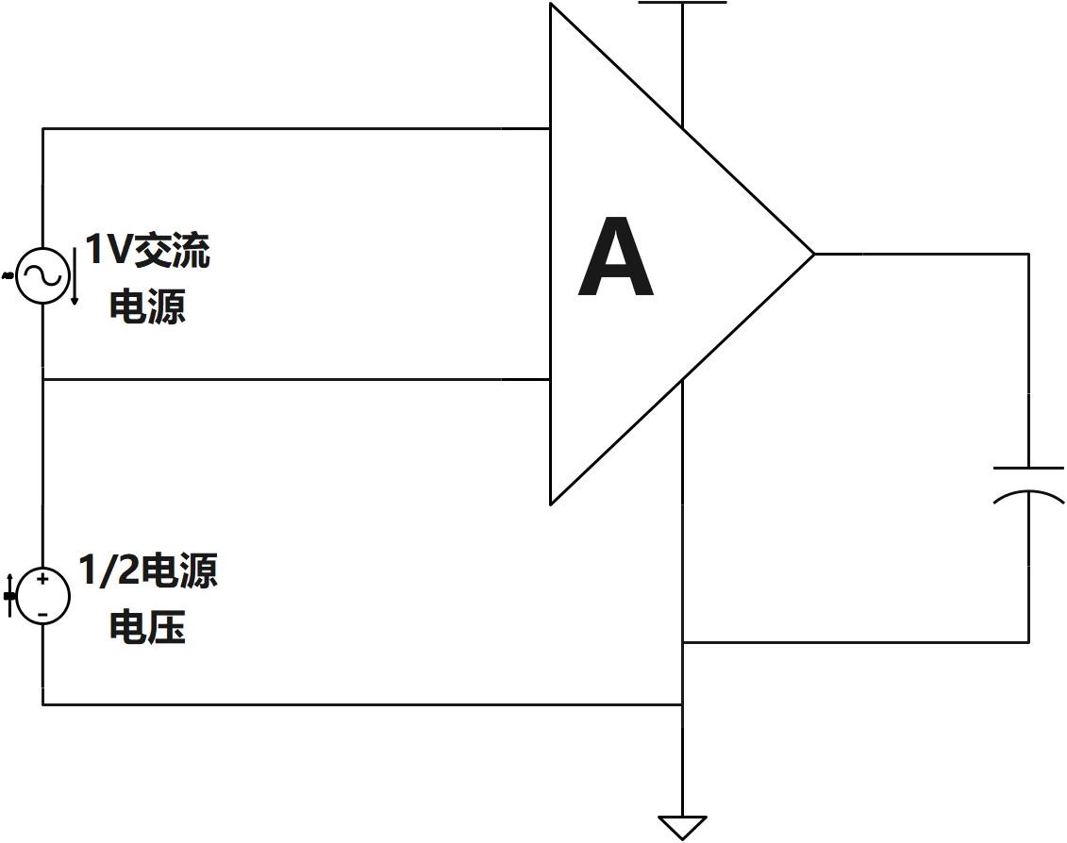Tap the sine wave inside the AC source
point(42,275)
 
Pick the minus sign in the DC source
point(42,614)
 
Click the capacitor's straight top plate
point(1028,468)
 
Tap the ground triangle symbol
point(682,826)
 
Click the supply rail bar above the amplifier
point(682,3)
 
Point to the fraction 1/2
point(108,571)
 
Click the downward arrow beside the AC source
point(75,278)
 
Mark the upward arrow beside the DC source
point(10,595)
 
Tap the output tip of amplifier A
point(812,254)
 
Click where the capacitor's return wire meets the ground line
point(682,643)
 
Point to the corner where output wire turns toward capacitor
point(1028,254)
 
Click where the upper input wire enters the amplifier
point(551,128)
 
